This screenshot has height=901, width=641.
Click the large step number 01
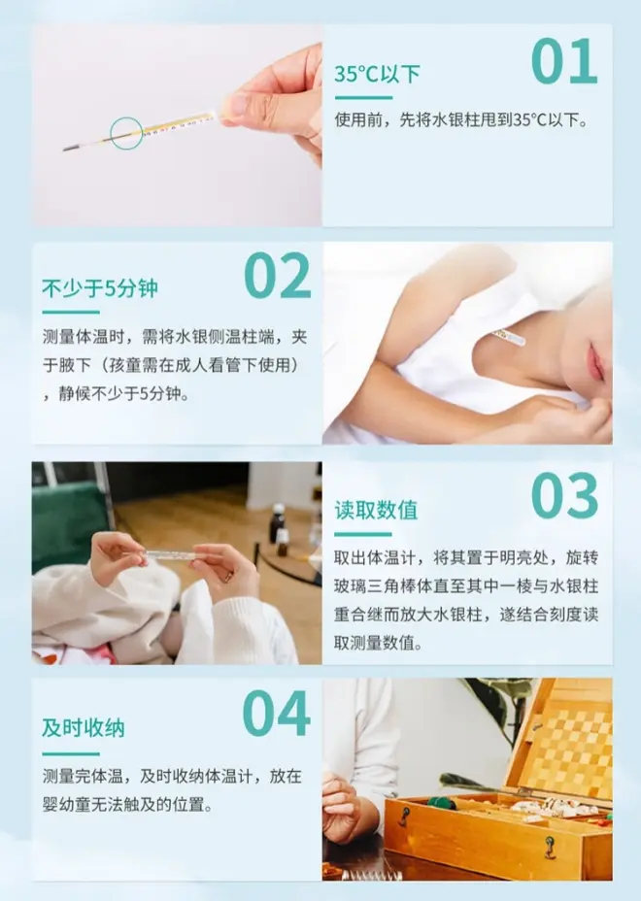click(x=564, y=61)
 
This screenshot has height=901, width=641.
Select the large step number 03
click(x=564, y=496)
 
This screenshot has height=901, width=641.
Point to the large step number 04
click(x=276, y=713)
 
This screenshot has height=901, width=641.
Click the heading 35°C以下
click(x=377, y=74)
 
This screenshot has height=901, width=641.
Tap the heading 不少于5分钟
click(x=100, y=288)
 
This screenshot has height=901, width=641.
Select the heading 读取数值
click(x=376, y=510)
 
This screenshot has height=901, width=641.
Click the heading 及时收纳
click(x=84, y=727)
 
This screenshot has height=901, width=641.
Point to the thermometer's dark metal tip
click(x=71, y=148)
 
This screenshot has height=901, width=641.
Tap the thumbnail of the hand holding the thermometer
click(x=177, y=125)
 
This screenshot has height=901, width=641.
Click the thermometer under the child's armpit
click(x=509, y=337)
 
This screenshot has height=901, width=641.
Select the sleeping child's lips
click(x=595, y=362)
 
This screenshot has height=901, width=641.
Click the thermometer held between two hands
click(x=170, y=555)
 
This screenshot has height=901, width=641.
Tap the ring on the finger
click(x=228, y=575)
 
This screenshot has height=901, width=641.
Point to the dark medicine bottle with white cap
click(x=277, y=523)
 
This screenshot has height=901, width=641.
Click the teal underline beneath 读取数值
click(x=363, y=534)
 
